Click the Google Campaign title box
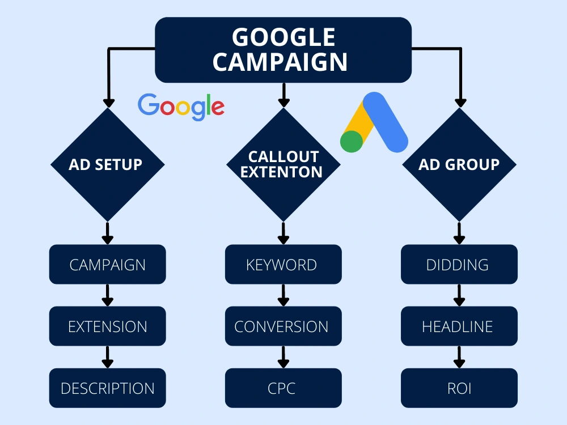point(283,50)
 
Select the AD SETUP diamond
point(107,164)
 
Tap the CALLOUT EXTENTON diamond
point(283,164)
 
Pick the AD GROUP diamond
point(459,164)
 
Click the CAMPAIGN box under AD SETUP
point(107,264)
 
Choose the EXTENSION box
point(107,326)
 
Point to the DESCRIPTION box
point(107,388)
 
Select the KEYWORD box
point(283,264)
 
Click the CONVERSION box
point(283,326)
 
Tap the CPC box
point(283,388)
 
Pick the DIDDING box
point(459,264)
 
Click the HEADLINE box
point(459,326)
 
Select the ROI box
point(459,388)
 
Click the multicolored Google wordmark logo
point(181,107)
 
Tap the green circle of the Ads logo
point(352,141)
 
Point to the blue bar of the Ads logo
point(386,122)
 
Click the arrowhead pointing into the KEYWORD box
point(283,240)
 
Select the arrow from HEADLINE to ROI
point(459,357)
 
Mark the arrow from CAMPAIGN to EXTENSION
point(107,295)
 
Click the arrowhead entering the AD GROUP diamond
point(460,103)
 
